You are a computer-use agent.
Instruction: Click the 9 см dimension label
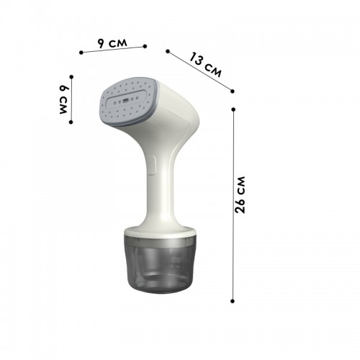click(112, 43)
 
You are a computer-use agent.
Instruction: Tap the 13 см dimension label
click(205, 65)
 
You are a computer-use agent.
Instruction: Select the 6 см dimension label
click(64, 99)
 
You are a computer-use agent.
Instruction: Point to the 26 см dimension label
click(240, 194)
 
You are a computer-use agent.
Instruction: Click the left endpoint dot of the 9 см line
click(81, 53)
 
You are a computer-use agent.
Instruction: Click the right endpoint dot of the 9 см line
click(145, 46)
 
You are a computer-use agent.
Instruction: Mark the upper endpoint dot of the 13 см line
click(168, 51)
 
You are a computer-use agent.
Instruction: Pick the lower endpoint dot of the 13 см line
click(232, 91)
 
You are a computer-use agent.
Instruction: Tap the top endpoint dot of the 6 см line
click(71, 77)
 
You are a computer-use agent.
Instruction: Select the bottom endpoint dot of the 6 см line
click(71, 122)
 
